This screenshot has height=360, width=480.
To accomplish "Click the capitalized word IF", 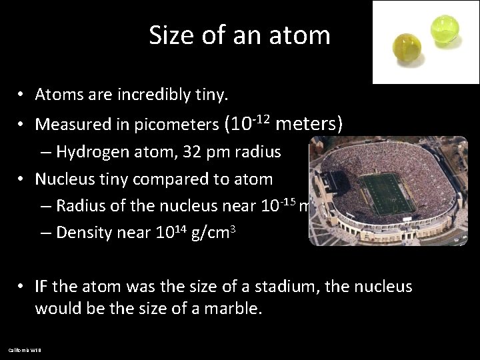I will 42,287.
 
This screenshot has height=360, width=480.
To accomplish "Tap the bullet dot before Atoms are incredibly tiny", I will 22,95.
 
